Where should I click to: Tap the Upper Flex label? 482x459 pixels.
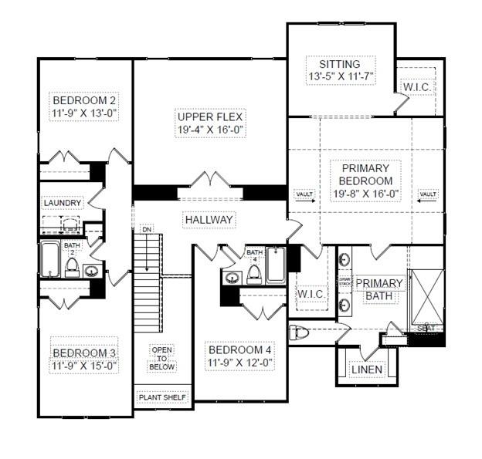point(209,123)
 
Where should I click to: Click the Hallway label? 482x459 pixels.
point(209,220)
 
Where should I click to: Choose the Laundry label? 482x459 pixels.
point(63,203)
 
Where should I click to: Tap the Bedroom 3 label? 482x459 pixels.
point(84,359)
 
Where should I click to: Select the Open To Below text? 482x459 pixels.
point(161,358)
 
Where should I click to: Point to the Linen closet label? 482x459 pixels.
point(366,370)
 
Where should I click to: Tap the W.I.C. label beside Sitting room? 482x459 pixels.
point(417,87)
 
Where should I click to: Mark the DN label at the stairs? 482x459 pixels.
point(147,229)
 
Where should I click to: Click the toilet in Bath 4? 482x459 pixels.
point(254,275)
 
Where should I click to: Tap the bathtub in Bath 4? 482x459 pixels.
point(276,267)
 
